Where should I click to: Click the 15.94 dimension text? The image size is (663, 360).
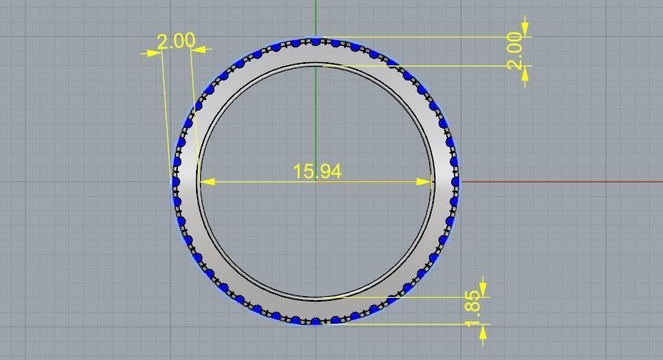pos(317,171)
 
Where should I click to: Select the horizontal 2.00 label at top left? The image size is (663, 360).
pos(176,41)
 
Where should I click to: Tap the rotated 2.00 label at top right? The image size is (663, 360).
pos(516,50)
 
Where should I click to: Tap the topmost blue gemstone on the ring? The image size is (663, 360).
pos(316,41)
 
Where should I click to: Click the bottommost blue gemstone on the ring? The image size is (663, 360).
pos(316,321)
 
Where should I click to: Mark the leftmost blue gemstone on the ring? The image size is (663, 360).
pos(176,182)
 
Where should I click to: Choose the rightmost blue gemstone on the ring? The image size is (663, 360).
pos(455,182)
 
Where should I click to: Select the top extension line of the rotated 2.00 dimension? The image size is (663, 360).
pos(425,36)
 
